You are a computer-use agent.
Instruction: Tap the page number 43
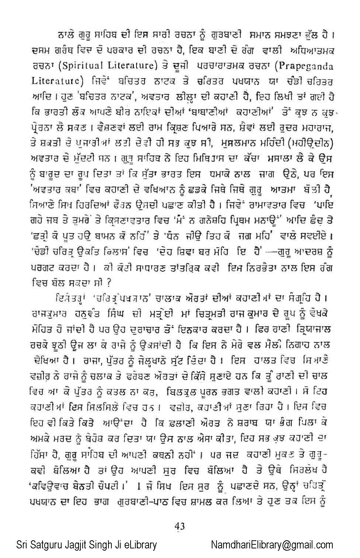coord(180,526)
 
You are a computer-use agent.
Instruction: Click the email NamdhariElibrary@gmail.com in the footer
coord(272,545)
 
